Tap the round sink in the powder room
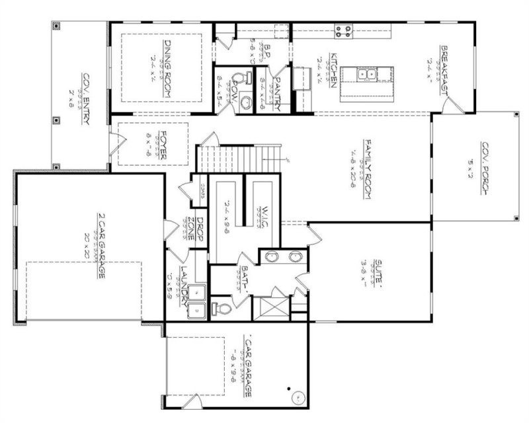coord(245,103)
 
